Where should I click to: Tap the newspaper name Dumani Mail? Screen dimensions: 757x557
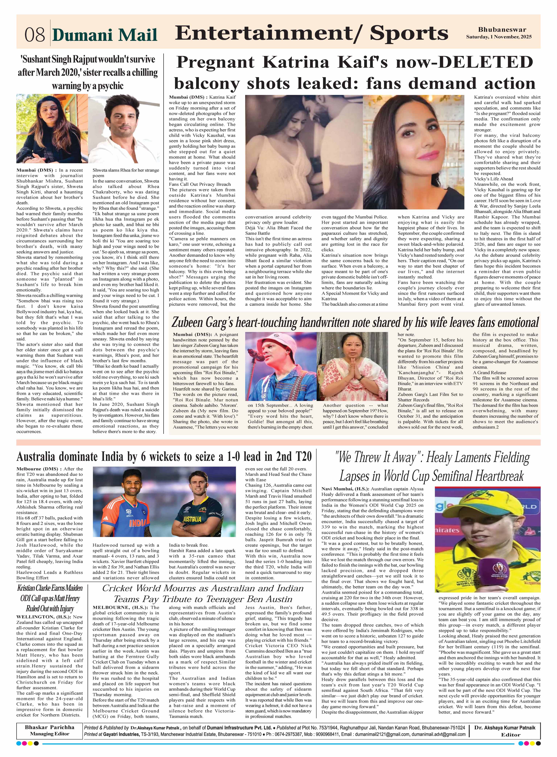tap(105, 35)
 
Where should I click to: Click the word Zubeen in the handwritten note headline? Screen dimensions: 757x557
tap(190, 323)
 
